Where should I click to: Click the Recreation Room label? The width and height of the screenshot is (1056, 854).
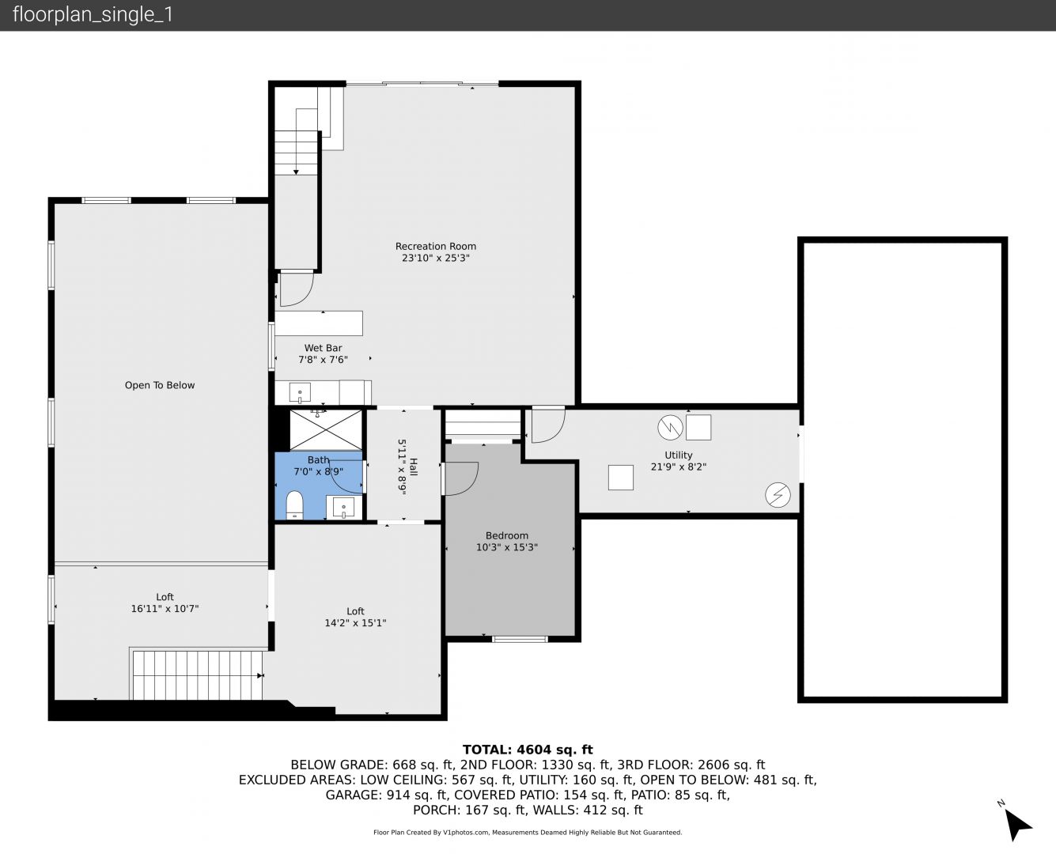435,247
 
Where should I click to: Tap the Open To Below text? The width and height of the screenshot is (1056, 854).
160,385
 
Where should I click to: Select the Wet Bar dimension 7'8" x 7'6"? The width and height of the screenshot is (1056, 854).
323,360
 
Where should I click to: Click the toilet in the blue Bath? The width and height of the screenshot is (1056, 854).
294,505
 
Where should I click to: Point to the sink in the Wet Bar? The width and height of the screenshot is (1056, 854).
300,393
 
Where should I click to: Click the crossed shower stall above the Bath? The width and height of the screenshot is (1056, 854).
326,429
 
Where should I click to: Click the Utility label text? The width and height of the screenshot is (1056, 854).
678,455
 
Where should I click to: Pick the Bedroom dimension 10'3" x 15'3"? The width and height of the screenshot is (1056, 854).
507,547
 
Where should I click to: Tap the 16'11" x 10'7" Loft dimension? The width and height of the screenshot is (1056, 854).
165,609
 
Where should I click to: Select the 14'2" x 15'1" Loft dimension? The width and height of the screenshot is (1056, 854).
355,623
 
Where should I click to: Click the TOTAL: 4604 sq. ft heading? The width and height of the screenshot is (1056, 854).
528,750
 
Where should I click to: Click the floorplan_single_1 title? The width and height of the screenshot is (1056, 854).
93,15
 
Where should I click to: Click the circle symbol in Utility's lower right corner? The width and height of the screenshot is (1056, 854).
778,495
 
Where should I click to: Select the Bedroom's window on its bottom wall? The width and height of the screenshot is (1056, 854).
520,639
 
